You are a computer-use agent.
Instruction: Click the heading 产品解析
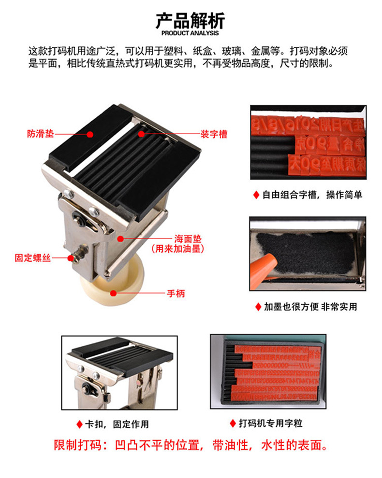pyautogui.click(x=190, y=21)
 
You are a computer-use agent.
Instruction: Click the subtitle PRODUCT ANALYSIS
pyautogui.click(x=190, y=33)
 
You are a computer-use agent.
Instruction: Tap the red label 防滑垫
pyautogui.click(x=41, y=134)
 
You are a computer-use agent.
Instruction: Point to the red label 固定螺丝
pyautogui.click(x=32, y=258)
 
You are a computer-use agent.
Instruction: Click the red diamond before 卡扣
pyautogui.click(x=79, y=424)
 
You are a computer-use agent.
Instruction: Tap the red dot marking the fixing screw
pyautogui.click(x=71, y=258)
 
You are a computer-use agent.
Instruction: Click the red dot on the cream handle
pyautogui.click(x=112, y=293)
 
